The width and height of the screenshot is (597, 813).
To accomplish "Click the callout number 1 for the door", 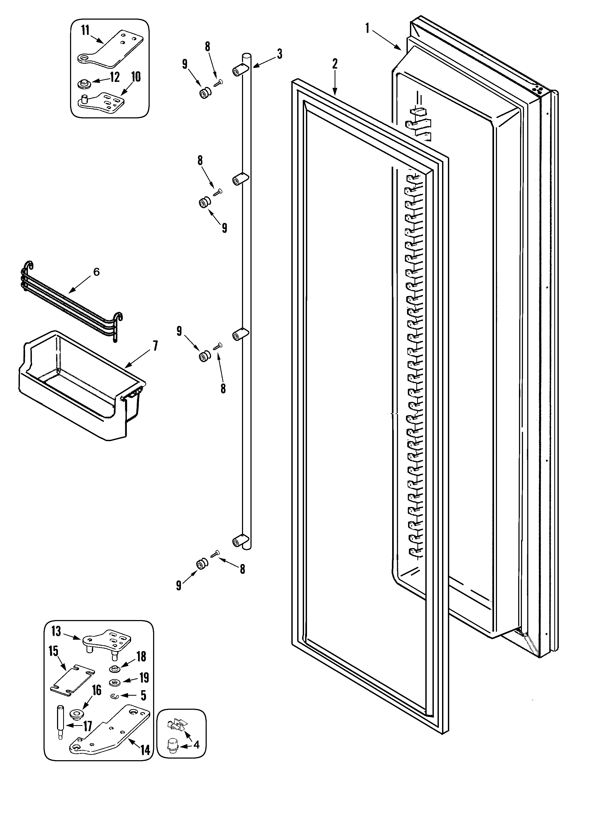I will point(367,28).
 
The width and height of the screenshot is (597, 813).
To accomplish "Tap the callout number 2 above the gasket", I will point(335,64).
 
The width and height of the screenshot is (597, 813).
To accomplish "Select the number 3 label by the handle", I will point(279,54).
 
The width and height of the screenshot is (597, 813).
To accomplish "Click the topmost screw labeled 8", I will point(218,83).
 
